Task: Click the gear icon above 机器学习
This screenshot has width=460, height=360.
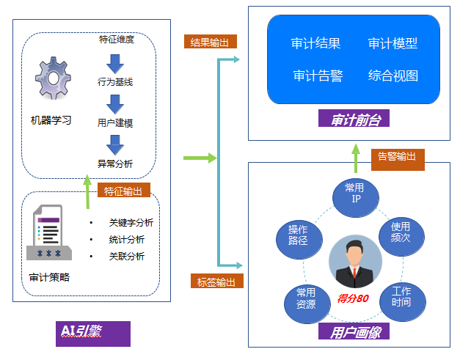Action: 52,81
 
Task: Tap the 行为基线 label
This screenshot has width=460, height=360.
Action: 115,81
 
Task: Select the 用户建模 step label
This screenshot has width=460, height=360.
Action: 115,122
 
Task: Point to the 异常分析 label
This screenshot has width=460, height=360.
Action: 115,164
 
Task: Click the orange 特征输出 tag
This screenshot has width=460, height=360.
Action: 123,191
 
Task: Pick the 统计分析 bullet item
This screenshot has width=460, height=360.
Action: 126,240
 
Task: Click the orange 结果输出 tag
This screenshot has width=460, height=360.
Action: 210,42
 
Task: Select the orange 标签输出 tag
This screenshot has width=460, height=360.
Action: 217,282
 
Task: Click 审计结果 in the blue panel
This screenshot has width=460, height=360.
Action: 315,44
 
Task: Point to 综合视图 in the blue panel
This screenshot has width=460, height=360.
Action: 393,76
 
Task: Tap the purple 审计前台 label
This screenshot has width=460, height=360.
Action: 354,118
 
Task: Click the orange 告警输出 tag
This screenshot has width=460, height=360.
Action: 397,156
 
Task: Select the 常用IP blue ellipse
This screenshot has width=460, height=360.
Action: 354,194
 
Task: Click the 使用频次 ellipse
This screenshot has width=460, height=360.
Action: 401,232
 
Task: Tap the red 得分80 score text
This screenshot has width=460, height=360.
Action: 352,298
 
